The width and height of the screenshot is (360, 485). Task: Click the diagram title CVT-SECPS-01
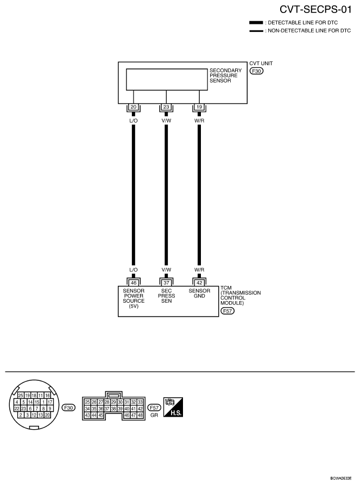coord(315,9)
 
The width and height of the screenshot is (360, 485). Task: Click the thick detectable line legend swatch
coord(256,23)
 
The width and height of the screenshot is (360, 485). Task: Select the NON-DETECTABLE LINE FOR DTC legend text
coord(310,30)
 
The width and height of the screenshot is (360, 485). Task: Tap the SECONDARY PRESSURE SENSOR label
coord(225,75)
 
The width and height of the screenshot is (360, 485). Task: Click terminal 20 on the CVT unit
coord(134,107)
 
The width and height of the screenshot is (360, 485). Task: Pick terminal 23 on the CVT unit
coord(166,107)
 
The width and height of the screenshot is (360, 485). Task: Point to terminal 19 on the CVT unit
coord(199,107)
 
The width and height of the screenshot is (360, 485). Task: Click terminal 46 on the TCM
coord(134,283)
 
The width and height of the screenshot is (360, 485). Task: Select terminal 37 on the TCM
coord(166,283)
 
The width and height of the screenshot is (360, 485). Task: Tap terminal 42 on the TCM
coord(199,283)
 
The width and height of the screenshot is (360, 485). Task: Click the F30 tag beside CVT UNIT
coord(256,71)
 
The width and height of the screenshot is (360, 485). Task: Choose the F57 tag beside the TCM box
coord(228,311)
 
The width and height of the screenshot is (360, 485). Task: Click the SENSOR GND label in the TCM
coord(199,293)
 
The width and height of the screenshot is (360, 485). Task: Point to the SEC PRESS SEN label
coord(166,296)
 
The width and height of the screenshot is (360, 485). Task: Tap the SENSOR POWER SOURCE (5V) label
coord(134,298)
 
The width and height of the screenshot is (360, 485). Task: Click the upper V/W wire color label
coord(166,120)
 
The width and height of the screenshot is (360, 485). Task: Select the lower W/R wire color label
coord(199,270)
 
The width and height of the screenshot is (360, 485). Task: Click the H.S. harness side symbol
coord(173,407)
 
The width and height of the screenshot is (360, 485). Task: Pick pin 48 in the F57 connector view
coord(140,415)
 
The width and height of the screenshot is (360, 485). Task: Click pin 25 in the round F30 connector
coord(21,395)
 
